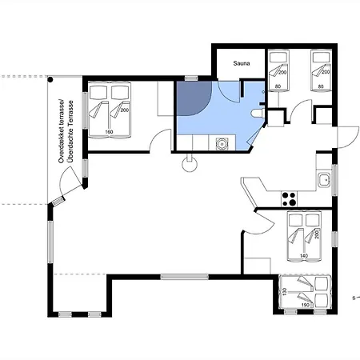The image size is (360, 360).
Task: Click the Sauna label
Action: coord(242,63)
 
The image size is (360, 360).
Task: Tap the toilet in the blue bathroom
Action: coord(258,113)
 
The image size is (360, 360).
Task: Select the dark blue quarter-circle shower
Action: coord(194,98)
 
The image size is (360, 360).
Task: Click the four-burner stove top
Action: coord(289,199)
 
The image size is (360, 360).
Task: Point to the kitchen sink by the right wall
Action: coord(324,180)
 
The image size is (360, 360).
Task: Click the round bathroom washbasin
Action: coord(222,144)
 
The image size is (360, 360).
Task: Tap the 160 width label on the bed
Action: coord(109,132)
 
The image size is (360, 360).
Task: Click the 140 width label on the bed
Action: coord(304,256)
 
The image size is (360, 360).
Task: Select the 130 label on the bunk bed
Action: coord(284,291)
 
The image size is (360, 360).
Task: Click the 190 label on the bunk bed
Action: coord(306,305)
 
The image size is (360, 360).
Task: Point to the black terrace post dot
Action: coord(50,79)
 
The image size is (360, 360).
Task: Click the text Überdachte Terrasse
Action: coord(70,131)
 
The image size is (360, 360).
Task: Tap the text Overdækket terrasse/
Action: coord(62,131)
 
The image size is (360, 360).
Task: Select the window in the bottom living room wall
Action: coord(185,277)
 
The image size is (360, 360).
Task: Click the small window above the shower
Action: coord(191,78)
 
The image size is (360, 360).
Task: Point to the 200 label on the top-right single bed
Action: coord(326,72)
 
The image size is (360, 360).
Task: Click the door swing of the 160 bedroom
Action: coord(159,140)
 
